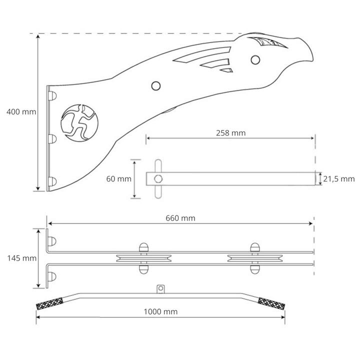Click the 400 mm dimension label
click(21, 112)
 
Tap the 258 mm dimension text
click(230, 133)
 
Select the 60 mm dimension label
click(118, 179)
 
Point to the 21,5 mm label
click(339, 179)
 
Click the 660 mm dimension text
click(180, 218)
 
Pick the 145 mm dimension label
click(22, 258)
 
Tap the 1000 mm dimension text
click(160, 311)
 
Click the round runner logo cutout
click(79, 123)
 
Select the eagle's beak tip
click(312, 60)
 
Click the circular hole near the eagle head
click(255, 60)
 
